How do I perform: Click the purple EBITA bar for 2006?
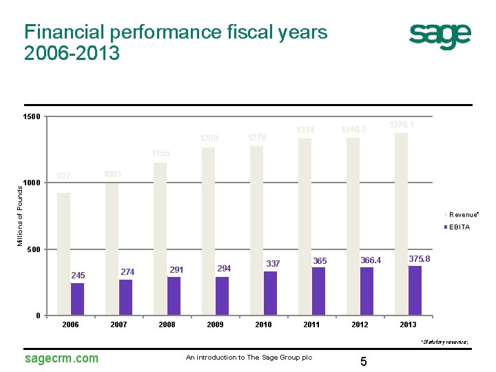click(x=77, y=299)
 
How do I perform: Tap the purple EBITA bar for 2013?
click(x=415, y=290)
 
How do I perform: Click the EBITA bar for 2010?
click(x=270, y=293)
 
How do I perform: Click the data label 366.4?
click(x=371, y=260)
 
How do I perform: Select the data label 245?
click(x=78, y=276)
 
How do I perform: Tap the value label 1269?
click(x=209, y=139)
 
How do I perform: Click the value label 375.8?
click(x=420, y=258)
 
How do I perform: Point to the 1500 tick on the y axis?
click(x=31, y=116)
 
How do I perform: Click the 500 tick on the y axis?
click(x=34, y=249)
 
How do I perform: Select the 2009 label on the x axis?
click(x=215, y=324)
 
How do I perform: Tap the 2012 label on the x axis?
click(x=360, y=324)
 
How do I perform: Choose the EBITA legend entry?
click(x=458, y=227)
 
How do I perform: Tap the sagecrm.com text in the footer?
click(x=61, y=358)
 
